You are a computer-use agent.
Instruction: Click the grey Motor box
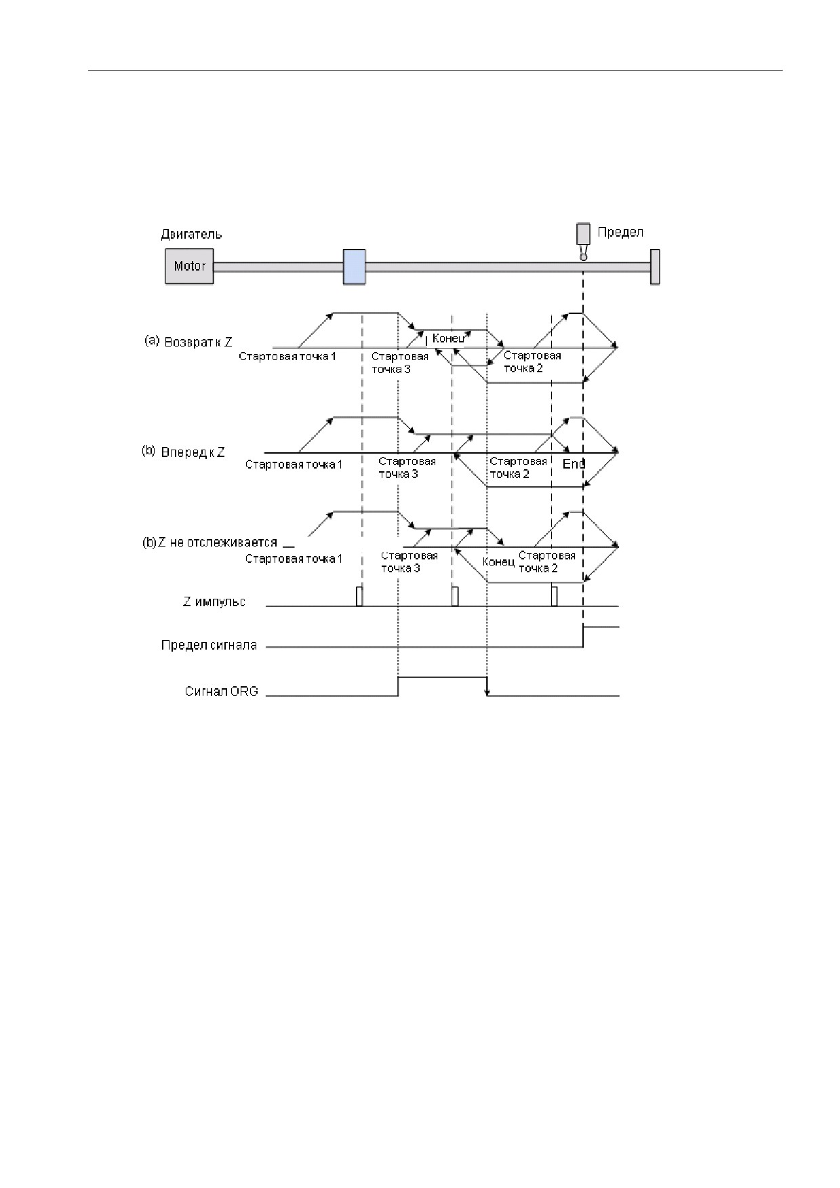tap(190, 266)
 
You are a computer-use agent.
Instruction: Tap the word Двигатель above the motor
tap(191, 235)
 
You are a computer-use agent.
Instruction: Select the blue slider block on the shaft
tap(354, 266)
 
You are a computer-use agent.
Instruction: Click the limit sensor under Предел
tap(582, 242)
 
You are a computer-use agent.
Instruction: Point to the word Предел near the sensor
tap(620, 232)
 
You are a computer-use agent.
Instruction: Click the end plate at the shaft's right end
tap(655, 266)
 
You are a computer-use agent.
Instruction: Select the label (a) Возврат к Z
tap(188, 342)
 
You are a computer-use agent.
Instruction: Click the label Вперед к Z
tap(193, 452)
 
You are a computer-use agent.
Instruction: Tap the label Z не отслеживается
tap(218, 542)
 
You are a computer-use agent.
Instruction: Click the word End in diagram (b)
tap(574, 464)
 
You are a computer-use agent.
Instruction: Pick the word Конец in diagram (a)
tap(448, 338)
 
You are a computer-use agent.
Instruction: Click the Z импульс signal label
tap(214, 601)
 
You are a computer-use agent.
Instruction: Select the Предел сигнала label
tap(209, 645)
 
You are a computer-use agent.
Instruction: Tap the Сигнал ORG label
tap(221, 692)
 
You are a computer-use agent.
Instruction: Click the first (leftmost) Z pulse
tap(359, 596)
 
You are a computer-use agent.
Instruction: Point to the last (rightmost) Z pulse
tap(554, 596)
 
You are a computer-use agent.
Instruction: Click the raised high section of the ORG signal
tap(442, 677)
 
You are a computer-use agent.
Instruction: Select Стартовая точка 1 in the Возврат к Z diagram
tap(287, 356)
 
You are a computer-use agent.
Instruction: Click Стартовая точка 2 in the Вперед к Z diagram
tap(518, 468)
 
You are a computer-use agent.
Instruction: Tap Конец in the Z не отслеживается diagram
tap(498, 562)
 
